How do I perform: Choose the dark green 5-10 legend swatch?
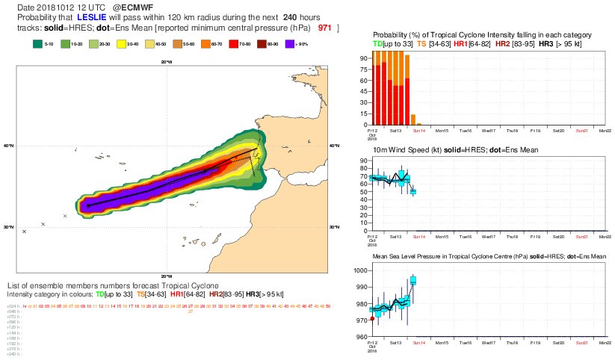37,45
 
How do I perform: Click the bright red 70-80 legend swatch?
236,45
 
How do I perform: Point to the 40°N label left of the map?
9,146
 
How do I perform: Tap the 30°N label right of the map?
334,227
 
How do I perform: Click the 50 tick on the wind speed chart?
363,192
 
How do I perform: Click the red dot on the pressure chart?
372,318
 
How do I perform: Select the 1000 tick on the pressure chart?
361,270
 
